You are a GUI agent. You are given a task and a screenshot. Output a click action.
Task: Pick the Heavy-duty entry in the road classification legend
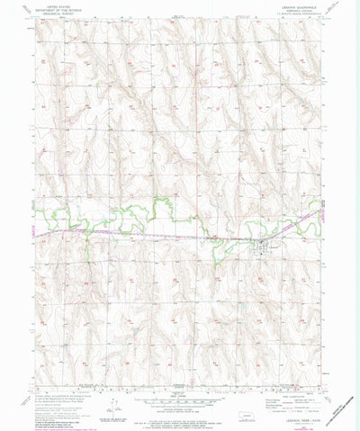pos(270,389)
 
